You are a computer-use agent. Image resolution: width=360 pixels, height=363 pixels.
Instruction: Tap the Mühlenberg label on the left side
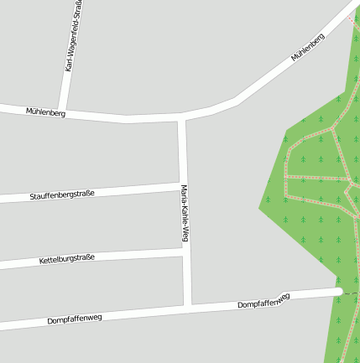click(x=45, y=111)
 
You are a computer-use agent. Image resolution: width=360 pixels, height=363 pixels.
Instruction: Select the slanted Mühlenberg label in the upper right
click(x=308, y=47)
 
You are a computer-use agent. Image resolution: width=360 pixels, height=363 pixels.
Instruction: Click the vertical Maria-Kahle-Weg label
click(x=184, y=214)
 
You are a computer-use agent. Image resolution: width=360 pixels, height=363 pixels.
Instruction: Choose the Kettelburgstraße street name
click(x=67, y=259)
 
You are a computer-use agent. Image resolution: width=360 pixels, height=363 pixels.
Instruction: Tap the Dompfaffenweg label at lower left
click(x=75, y=319)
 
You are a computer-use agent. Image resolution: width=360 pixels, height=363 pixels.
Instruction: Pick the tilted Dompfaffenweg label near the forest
click(x=263, y=301)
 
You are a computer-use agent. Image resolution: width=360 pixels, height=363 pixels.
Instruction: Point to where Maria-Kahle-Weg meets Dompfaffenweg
click(x=188, y=305)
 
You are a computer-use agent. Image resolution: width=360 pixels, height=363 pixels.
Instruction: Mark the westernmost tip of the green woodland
click(x=259, y=208)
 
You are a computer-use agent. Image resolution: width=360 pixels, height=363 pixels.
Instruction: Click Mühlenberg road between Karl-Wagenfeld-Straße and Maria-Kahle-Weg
click(x=126, y=117)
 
